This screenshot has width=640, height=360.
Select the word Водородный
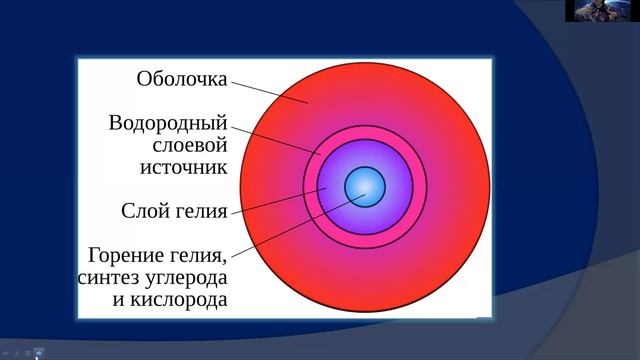tap(169, 124)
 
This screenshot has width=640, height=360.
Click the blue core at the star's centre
tap(365, 186)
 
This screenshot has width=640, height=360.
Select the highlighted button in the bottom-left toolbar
tap(39, 351)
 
